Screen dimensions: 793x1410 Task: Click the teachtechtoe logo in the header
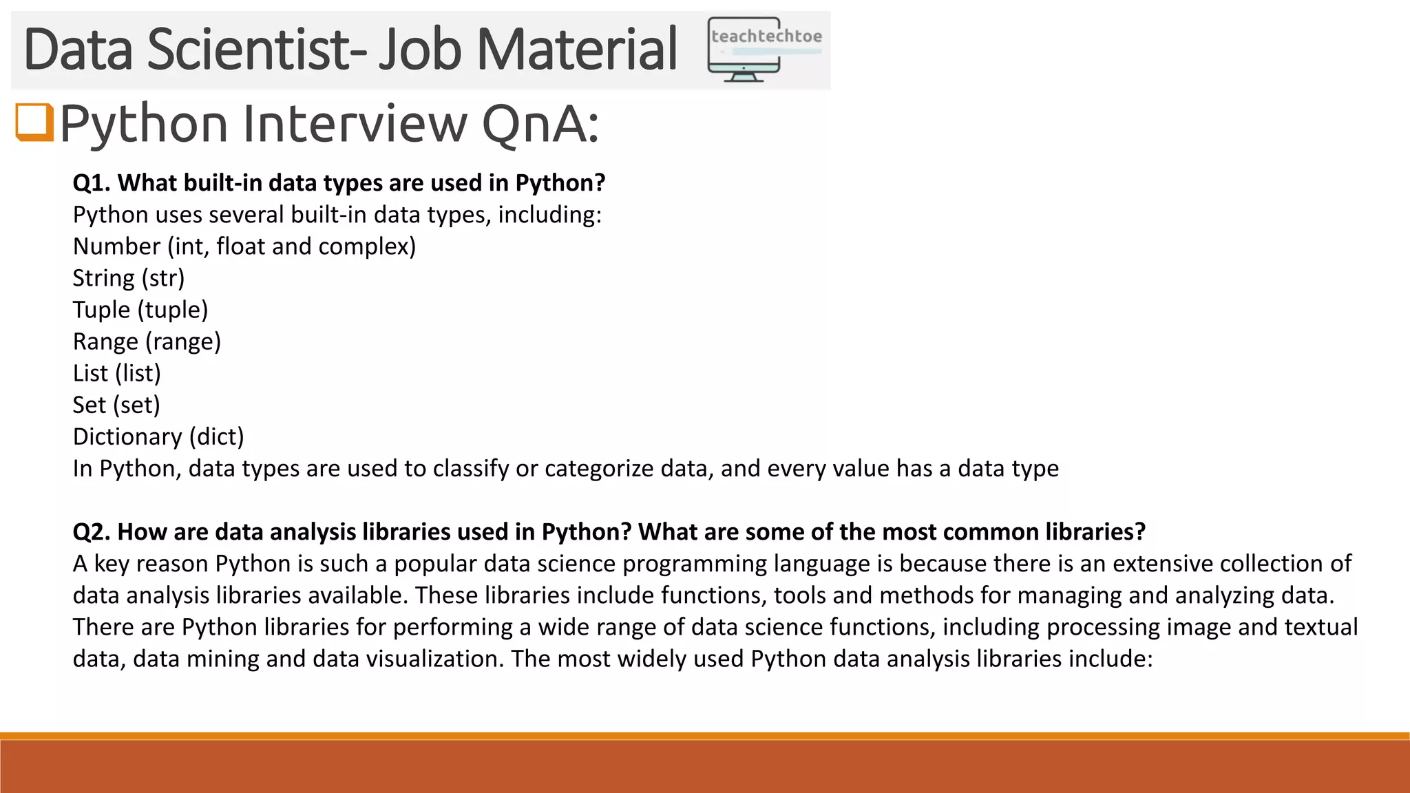[x=765, y=50]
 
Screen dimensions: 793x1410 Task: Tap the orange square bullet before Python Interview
[x=34, y=122]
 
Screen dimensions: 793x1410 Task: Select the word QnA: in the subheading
[x=540, y=125]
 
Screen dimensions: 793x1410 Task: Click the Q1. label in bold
[x=92, y=183]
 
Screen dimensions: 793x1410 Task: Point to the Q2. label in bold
[x=92, y=532]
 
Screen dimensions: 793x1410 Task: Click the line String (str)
[x=129, y=278]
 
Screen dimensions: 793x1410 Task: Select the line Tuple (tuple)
[x=140, y=310]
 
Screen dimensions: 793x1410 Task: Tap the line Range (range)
[x=147, y=341]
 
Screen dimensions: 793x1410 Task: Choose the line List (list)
[x=117, y=373]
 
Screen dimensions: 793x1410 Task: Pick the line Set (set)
[x=116, y=405]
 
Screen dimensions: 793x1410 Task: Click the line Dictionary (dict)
[x=158, y=436]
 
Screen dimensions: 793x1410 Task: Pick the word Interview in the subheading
[x=355, y=124]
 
